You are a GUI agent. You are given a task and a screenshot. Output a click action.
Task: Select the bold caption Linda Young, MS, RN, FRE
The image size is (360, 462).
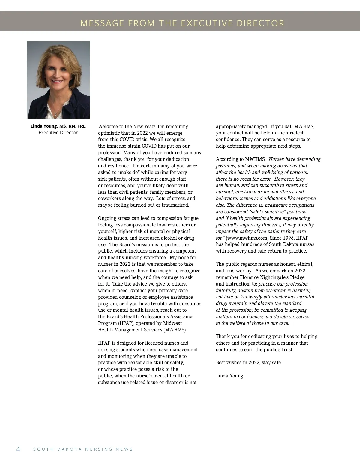tap(58, 126)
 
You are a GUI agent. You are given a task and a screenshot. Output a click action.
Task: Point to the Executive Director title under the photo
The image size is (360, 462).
tap(58, 133)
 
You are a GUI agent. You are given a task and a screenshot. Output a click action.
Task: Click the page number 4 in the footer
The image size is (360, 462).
tap(18, 449)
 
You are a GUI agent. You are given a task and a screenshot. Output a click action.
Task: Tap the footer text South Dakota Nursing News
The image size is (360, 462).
tap(83, 449)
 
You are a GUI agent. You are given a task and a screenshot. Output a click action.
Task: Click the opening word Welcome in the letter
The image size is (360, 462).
tap(108, 127)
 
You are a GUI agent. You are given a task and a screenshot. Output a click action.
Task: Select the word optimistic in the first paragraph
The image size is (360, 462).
tap(109, 133)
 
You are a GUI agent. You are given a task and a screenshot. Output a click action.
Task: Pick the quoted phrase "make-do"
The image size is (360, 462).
tap(127, 172)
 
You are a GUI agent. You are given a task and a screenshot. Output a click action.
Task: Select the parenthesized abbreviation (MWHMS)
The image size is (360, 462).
tap(175, 330)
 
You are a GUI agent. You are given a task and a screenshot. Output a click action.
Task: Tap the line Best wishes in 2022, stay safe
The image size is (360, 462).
tap(249, 363)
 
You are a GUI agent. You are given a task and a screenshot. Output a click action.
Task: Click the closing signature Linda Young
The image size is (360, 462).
tap(229, 376)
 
